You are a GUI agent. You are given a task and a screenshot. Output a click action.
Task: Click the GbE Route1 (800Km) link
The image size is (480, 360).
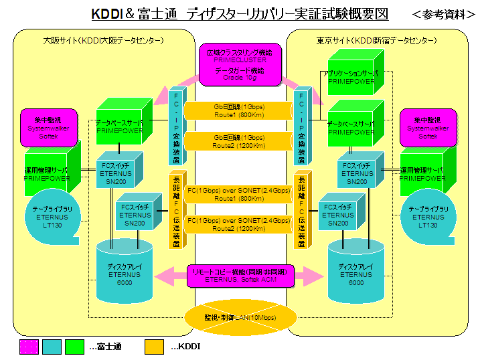pos(239,110)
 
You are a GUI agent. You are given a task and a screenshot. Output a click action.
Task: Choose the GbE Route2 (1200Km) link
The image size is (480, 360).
pos(239,141)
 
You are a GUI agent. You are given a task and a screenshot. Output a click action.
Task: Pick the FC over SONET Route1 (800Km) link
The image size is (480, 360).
pos(239,194)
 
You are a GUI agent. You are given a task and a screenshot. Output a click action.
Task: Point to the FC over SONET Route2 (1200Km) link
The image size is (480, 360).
pos(239,223)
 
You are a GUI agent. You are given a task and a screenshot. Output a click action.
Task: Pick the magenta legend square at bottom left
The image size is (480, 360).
pos(29,346)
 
